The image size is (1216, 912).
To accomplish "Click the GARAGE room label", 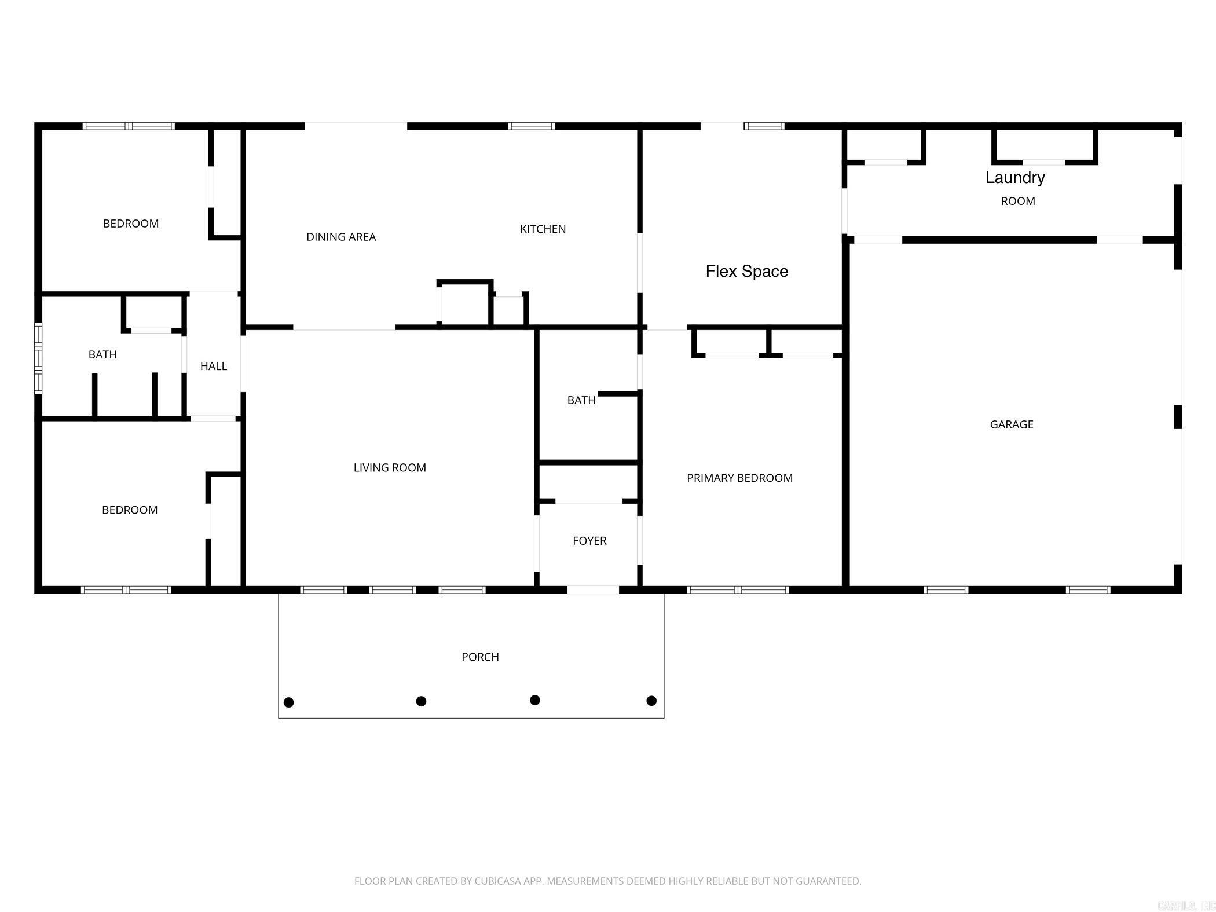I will (x=1011, y=424).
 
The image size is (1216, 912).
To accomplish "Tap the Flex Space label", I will (x=746, y=271).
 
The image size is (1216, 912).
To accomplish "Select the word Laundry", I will (x=1015, y=177).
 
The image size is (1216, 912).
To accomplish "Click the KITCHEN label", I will (x=543, y=229).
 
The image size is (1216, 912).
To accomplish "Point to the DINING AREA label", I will (x=340, y=237).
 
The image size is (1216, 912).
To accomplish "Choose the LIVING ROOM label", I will (x=390, y=467).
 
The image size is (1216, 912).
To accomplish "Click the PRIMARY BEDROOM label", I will (x=739, y=478).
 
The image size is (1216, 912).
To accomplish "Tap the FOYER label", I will (x=589, y=541).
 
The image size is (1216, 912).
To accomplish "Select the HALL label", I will (x=213, y=366).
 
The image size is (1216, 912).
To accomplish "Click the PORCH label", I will (x=480, y=657).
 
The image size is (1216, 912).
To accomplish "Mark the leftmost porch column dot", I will (x=289, y=702).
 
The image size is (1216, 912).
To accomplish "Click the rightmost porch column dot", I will (x=651, y=701).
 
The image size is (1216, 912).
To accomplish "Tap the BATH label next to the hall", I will (x=102, y=354).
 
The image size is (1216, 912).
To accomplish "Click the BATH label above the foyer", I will (x=581, y=400).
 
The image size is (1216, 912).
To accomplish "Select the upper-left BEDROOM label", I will (x=131, y=224).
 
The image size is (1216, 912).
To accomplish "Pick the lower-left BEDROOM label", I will (x=130, y=510).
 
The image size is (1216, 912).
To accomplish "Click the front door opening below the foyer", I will (x=592, y=589).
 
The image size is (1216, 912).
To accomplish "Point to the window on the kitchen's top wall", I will (x=532, y=126).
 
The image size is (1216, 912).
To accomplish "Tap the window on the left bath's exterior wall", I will (x=38, y=358).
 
